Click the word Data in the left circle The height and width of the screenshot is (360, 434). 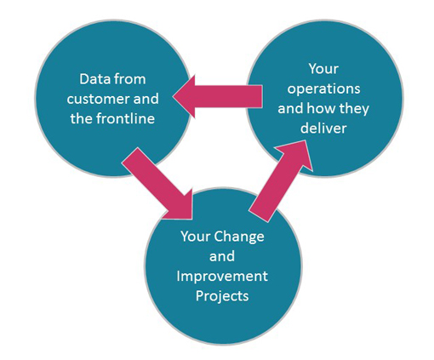(92, 79)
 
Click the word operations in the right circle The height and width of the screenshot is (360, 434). (323, 89)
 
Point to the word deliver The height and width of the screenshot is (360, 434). (323, 129)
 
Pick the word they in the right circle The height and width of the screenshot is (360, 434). (354, 109)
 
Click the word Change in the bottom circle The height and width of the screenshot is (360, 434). (239, 237)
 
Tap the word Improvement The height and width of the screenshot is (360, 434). (222, 276)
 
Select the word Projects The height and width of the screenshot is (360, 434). (222, 296)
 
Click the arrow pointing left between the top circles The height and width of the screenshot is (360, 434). (217, 96)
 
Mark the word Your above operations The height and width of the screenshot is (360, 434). (323, 69)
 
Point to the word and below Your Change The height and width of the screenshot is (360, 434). (222, 256)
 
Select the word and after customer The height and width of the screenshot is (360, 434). (146, 99)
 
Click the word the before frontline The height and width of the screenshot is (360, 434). (82, 118)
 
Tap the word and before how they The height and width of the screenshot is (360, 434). (290, 108)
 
